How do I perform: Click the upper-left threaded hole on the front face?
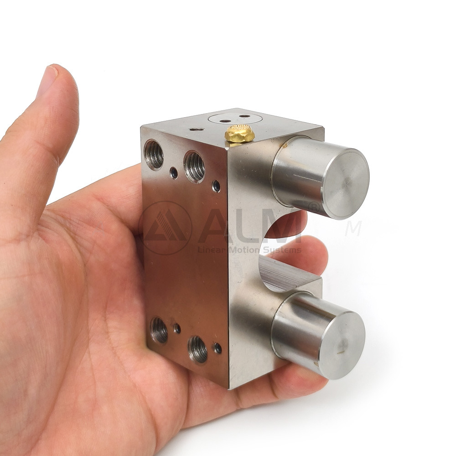click(154, 155)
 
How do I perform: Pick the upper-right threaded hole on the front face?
click(194, 167)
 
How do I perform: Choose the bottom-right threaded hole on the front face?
click(198, 349)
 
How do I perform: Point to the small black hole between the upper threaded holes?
click(174, 172)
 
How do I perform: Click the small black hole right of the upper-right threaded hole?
click(216, 186)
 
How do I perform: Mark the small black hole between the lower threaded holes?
click(177, 328)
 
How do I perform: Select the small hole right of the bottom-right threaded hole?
click(218, 348)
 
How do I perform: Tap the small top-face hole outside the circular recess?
click(197, 129)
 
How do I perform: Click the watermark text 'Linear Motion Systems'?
click(249, 250)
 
